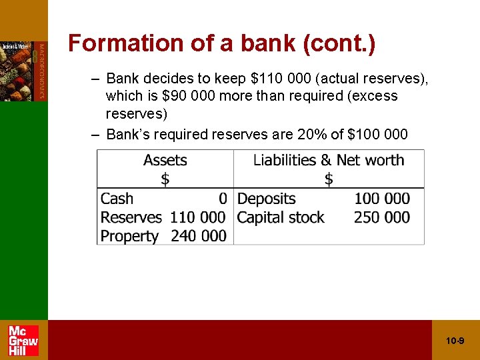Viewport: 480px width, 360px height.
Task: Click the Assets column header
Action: (165, 160)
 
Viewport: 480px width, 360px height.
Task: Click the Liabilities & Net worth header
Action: (328, 160)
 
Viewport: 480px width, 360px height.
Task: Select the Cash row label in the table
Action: (117, 199)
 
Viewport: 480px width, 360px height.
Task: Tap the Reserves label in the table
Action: (131, 217)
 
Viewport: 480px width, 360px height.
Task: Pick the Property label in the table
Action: (129, 236)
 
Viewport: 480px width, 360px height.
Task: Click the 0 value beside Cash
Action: (223, 199)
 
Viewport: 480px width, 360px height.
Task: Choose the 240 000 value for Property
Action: (199, 236)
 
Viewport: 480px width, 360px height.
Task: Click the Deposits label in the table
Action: (266, 199)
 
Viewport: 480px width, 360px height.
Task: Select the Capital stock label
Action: (281, 217)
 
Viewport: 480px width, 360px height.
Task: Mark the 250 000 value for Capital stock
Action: (382, 217)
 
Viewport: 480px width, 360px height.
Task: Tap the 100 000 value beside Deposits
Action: (382, 199)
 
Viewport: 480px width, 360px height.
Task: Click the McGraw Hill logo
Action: (23, 340)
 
